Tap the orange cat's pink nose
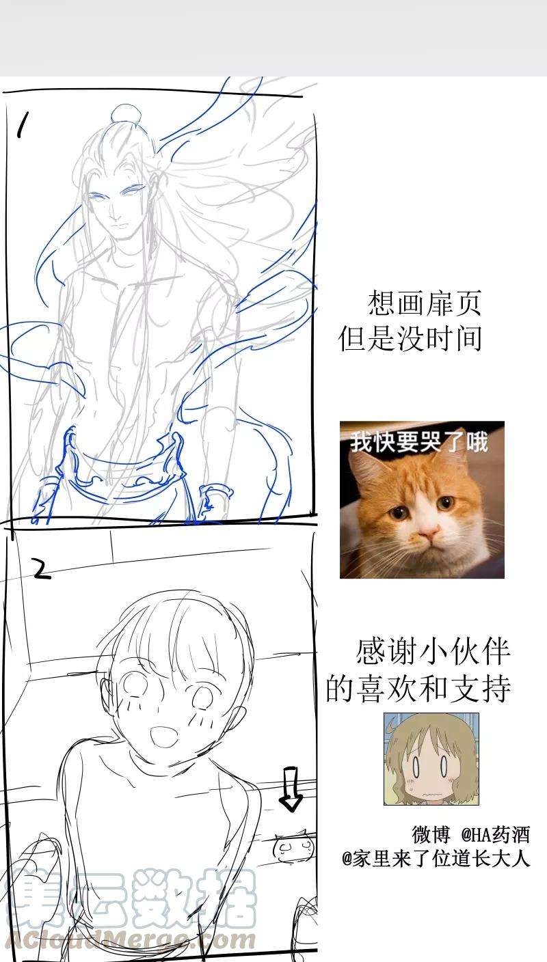coord(427,534)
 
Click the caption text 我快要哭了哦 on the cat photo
coord(419,441)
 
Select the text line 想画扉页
coord(424,303)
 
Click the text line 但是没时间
coord(410,338)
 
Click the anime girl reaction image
coord(431,759)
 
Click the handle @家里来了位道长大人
coord(436,860)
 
